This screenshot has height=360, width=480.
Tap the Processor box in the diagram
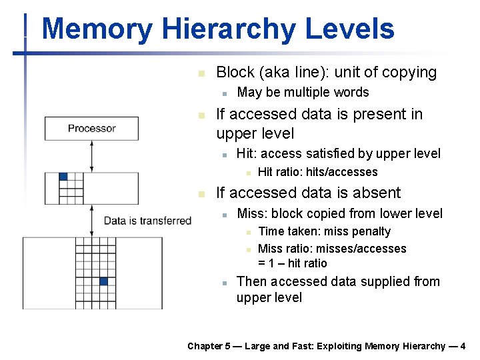[91, 128]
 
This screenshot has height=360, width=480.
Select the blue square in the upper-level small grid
[63, 177]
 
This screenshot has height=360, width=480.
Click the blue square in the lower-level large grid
[103, 281]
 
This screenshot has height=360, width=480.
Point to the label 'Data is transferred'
[147, 221]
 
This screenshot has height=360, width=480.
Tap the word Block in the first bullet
[235, 72]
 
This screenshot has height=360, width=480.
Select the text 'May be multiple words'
[303, 92]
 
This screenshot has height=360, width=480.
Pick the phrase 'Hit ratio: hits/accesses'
[317, 172]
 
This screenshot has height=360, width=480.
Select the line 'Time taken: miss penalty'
[324, 231]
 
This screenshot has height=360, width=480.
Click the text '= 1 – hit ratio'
[293, 263]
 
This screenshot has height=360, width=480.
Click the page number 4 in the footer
[463, 346]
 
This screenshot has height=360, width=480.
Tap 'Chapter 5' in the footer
[209, 346]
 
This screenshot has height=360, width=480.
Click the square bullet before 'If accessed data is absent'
[202, 194]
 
